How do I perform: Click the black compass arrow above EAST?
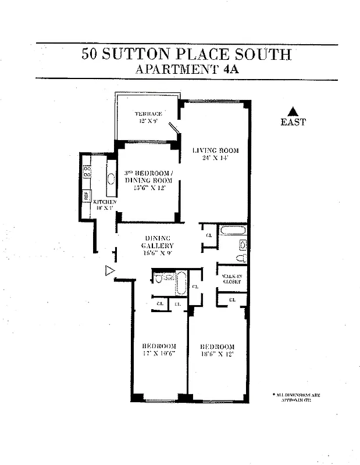pos(293,112)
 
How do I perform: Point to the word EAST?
pos(293,123)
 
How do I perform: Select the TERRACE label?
pos(148,113)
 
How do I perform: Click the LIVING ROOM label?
pos(216,150)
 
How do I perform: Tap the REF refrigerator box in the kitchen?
pos(86,196)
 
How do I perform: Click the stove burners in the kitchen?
pos(87,171)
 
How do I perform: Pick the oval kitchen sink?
pos(111,179)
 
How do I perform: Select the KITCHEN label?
pos(105,202)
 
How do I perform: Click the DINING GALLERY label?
pos(157,242)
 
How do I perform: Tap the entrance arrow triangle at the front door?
pos(109,270)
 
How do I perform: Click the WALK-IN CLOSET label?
pos(231,278)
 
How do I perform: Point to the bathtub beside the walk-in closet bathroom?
pos(233,231)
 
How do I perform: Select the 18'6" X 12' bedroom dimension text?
pos(216,353)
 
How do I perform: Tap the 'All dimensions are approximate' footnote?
pos(296,397)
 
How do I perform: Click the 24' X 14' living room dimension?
pos(216,158)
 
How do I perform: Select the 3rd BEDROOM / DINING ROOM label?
pos(148,177)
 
